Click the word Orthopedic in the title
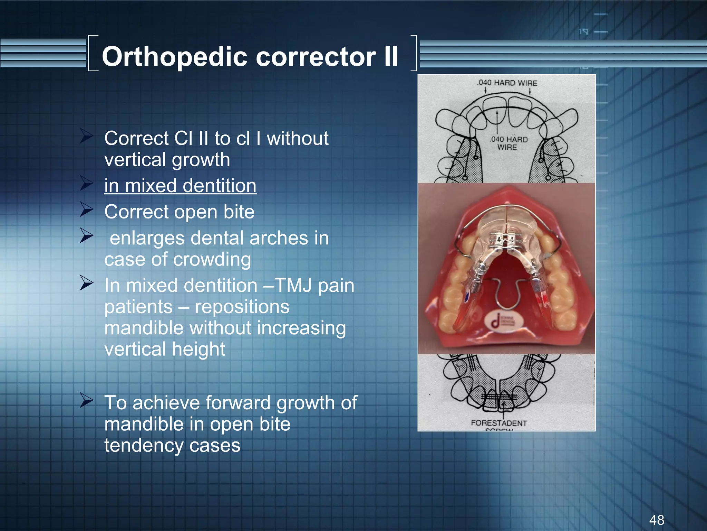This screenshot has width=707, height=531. [174, 57]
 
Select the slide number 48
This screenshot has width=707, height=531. [656, 520]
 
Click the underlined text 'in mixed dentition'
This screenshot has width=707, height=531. [180, 186]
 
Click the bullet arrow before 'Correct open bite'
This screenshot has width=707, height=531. [86, 209]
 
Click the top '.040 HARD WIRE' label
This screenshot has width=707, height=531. [507, 83]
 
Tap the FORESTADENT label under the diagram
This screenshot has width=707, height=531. [499, 423]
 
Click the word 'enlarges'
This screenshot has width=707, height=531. [147, 238]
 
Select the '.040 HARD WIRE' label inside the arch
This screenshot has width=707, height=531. [508, 143]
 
